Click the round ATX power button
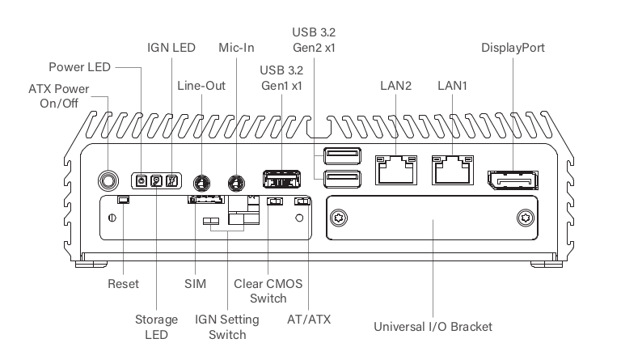pyautogui.click(x=108, y=181)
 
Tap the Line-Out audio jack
pyautogui.click(x=201, y=183)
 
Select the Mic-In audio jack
pyautogui.click(x=236, y=183)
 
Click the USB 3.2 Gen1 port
pyautogui.click(x=281, y=179)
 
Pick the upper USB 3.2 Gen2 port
pyautogui.click(x=342, y=155)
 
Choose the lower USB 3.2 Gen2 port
pyautogui.click(x=342, y=179)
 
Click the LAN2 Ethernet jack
pyautogui.click(x=396, y=170)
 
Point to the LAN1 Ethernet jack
pyautogui.click(x=453, y=170)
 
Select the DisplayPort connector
pyautogui.click(x=513, y=180)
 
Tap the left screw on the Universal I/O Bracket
pyautogui.click(x=339, y=218)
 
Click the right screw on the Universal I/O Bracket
pyautogui.click(x=526, y=218)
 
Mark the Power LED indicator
pyautogui.click(x=142, y=181)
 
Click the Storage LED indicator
pyautogui.click(x=156, y=181)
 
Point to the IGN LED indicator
pyautogui.click(x=171, y=181)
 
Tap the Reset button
pyautogui.click(x=123, y=200)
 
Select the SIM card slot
pyautogui.click(x=206, y=199)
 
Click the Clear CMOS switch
pyautogui.click(x=275, y=201)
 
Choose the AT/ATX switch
pyautogui.click(x=302, y=201)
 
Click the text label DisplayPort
pyautogui.click(x=513, y=48)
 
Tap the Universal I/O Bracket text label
pyautogui.click(x=433, y=327)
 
